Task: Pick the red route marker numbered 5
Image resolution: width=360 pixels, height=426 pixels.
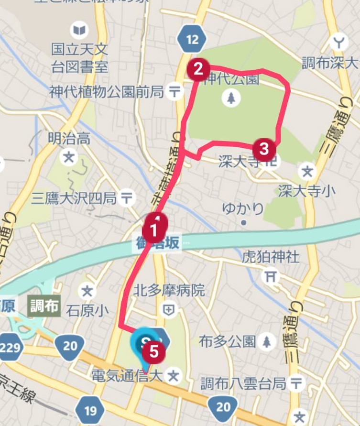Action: tap(154, 351)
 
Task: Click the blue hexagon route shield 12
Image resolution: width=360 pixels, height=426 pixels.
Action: tap(192, 39)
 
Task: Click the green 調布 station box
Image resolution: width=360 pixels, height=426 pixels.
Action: tap(44, 306)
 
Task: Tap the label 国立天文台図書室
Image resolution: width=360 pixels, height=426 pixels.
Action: tap(81, 57)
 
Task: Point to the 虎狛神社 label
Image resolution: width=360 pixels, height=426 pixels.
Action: tap(271, 257)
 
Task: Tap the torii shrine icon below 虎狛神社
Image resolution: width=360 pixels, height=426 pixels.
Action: tap(271, 275)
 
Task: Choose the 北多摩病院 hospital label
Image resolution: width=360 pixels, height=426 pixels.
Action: tap(169, 290)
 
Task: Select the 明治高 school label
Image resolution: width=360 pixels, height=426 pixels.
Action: tap(69, 139)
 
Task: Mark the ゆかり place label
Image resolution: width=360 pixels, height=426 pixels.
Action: tap(243, 208)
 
